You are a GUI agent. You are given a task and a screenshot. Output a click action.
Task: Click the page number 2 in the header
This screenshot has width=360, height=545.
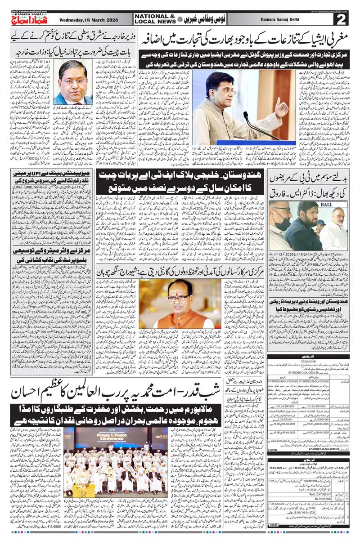pos(342,19)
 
